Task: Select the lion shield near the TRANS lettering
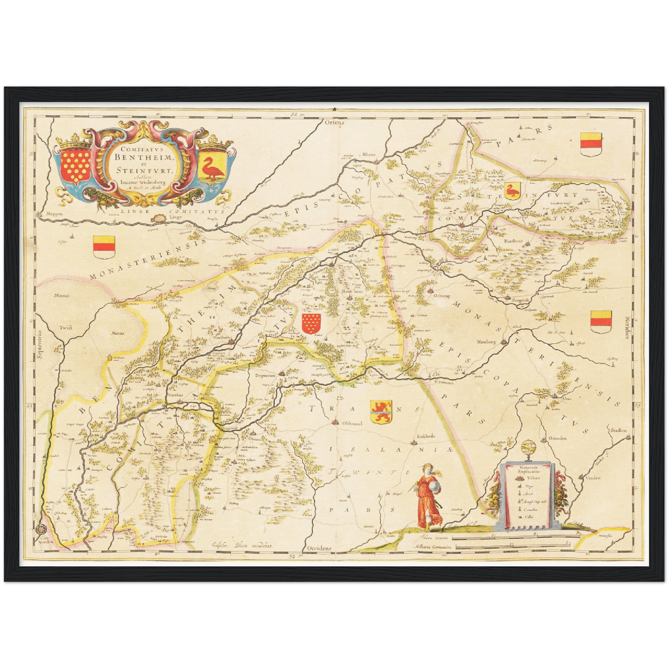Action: pyautogui.click(x=381, y=412)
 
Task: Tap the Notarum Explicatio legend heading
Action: pyautogui.click(x=526, y=471)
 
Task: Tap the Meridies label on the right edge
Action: pyautogui.click(x=627, y=328)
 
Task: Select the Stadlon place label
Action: pyautogui.click(x=618, y=430)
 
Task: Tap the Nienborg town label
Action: pyautogui.click(x=486, y=342)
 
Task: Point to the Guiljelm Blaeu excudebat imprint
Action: pyautogui.click(x=242, y=545)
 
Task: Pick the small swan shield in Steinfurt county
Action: pyautogui.click(x=512, y=191)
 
